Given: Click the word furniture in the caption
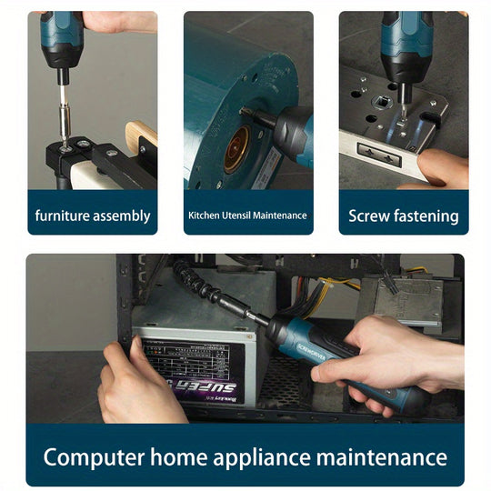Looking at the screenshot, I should click(x=62, y=216).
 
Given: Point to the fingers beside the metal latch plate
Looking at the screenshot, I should click(x=442, y=168).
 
